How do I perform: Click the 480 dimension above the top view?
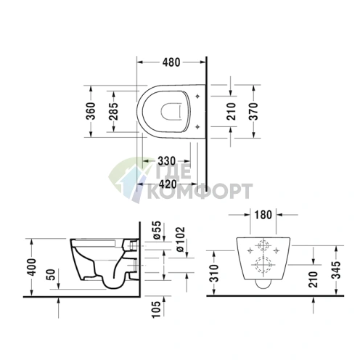(171, 62)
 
